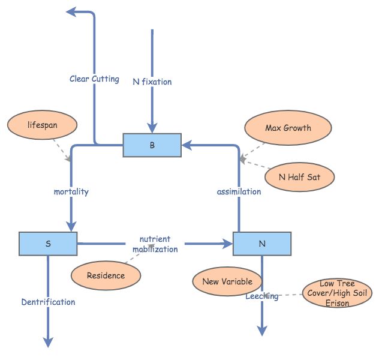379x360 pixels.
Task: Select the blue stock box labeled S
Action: (48, 244)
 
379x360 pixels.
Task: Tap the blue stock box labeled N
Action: (261, 244)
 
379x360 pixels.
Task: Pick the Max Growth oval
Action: (288, 128)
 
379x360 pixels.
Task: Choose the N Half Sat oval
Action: (299, 177)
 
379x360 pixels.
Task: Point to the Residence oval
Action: (106, 275)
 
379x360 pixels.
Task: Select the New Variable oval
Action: (227, 281)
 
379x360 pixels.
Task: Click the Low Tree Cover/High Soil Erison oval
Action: (337, 293)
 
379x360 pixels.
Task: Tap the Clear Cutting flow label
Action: (94, 79)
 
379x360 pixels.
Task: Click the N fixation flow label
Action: (152, 82)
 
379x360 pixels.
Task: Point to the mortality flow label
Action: (71, 191)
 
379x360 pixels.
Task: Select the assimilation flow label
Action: (239, 191)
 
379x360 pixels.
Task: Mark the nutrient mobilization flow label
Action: (155, 244)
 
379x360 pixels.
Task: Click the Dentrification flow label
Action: (48, 302)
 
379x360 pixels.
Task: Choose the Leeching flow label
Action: (261, 296)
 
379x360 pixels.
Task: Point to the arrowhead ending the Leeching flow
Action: (261, 331)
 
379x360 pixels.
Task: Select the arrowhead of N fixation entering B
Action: (152, 127)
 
